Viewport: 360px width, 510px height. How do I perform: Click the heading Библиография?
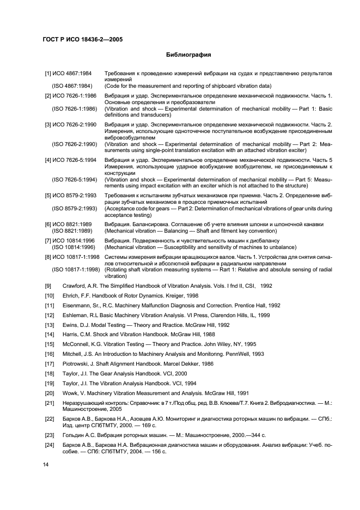pos(188,55)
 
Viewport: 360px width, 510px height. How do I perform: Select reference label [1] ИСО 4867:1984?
pos(68,73)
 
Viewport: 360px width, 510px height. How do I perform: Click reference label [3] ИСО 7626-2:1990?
pos(71,125)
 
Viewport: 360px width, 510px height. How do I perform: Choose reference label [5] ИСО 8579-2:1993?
pos(71,195)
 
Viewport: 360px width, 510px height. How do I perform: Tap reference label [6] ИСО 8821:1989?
pos(68,224)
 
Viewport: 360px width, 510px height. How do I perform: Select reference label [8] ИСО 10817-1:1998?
pos(72,256)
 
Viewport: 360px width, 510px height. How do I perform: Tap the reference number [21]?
pos(50,403)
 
